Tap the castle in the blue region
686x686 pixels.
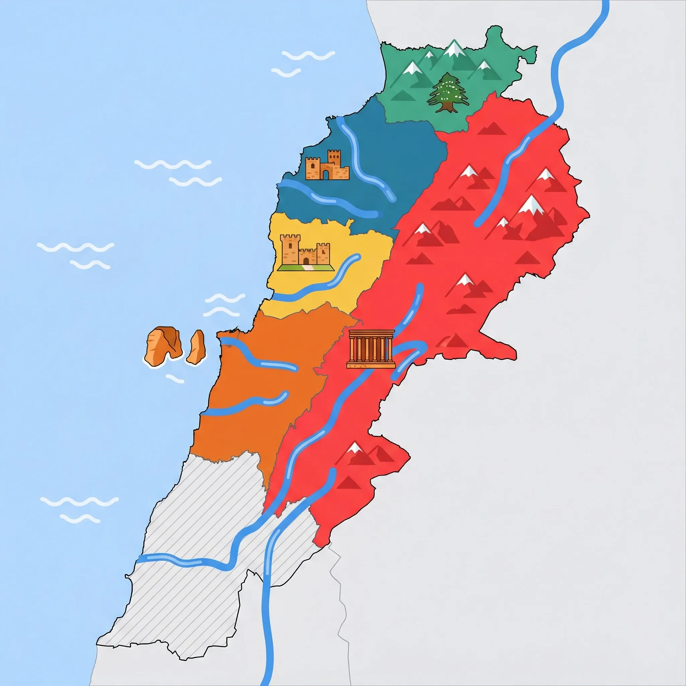coord(327,166)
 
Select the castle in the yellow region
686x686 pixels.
coord(305,251)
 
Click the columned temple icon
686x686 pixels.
coord(371,349)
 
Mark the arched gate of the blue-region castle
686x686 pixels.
coord(326,174)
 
